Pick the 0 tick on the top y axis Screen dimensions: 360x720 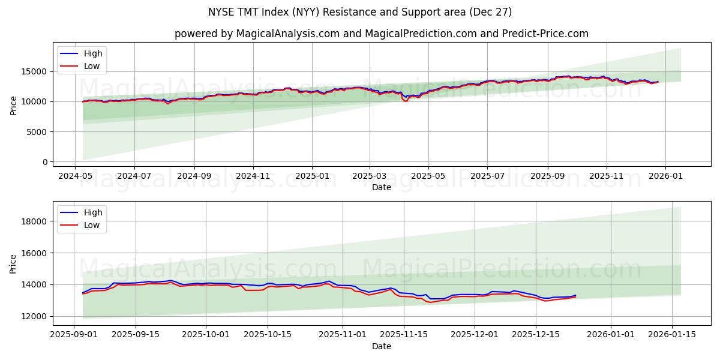point(44,162)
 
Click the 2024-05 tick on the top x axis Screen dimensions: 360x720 point(75,176)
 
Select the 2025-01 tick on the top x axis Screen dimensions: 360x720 point(312,176)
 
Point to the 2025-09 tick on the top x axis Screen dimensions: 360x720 point(547,176)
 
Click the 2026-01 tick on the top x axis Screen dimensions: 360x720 point(665,176)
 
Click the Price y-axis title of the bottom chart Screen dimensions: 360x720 point(13,263)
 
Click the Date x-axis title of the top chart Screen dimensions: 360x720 point(382,187)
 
